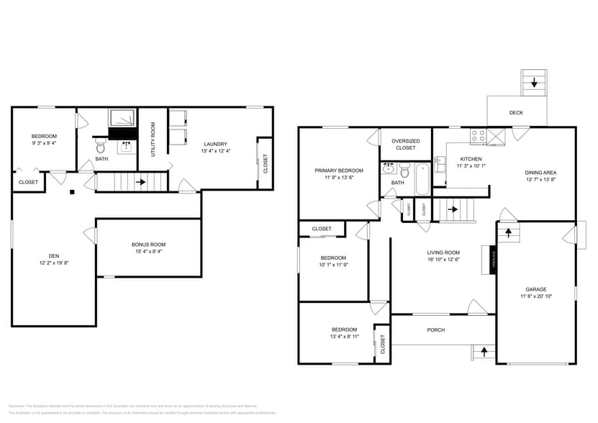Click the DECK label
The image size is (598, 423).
(516, 113)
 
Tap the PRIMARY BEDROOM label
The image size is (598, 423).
(339, 170)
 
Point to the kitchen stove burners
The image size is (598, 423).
(478, 135)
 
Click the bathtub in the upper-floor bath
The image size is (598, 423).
(422, 180)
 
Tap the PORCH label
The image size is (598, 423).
(436, 330)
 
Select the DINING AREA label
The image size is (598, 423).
(540, 173)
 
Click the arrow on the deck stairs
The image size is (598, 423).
(534, 83)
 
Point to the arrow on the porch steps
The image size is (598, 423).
(484, 351)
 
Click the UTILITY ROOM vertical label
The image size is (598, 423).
(153, 140)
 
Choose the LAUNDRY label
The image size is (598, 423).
(215, 143)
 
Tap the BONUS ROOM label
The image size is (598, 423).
(148, 245)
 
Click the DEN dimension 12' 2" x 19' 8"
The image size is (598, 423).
(54, 263)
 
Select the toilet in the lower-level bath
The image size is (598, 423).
(100, 147)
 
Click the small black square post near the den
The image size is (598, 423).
(71, 192)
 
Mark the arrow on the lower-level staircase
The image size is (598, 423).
(140, 182)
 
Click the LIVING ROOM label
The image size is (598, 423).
(443, 253)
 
